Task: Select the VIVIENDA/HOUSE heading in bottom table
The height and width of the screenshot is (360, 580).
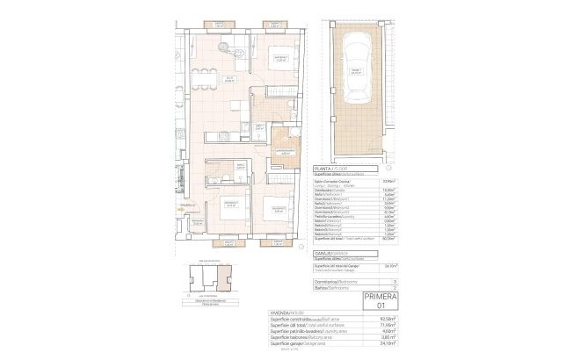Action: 283,311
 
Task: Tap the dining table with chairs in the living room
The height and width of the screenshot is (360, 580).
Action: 204,76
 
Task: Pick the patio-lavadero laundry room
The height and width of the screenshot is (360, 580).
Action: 285,143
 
